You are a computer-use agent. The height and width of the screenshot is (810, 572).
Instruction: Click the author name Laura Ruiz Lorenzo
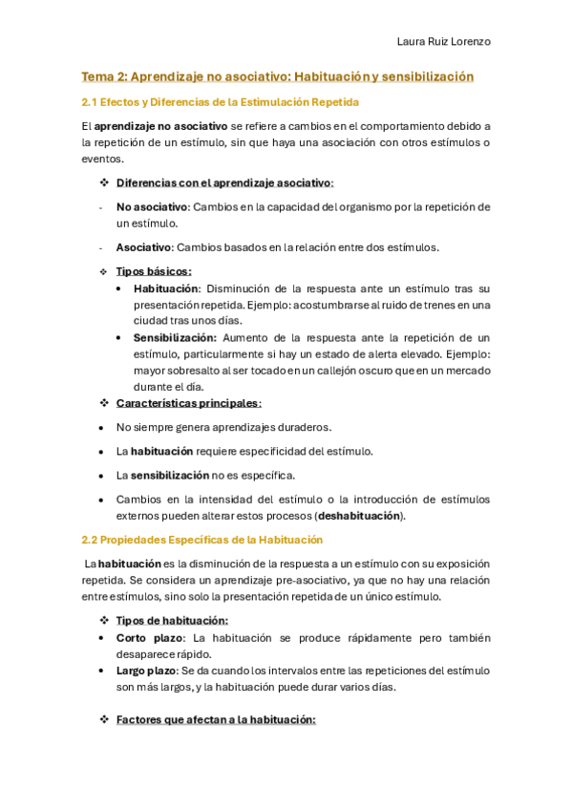tap(443, 42)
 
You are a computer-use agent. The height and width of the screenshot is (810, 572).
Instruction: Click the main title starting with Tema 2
tap(277, 76)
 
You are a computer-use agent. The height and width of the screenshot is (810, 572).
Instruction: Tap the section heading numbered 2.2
tap(201, 540)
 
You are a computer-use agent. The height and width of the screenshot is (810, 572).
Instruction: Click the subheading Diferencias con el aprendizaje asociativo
tap(224, 182)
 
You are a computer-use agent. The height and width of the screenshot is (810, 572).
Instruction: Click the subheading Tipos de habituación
tap(172, 621)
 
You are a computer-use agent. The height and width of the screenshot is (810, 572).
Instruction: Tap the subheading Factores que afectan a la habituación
tap(216, 719)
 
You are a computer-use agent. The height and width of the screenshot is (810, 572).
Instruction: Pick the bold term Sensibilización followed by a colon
tap(175, 337)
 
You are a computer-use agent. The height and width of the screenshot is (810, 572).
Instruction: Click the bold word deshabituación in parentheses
tap(359, 516)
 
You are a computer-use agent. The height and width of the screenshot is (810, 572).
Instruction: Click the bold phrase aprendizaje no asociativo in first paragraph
tap(160, 126)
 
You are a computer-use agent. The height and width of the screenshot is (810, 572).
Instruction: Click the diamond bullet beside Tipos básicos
tap(105, 271)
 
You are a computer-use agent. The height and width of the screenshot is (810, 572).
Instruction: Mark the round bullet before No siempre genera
tap(102, 428)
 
